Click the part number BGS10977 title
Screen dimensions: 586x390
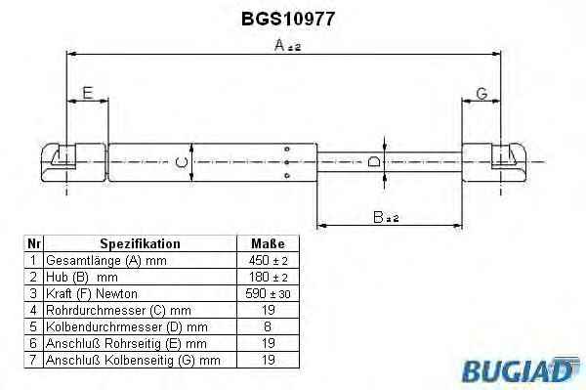pyautogui.click(x=288, y=19)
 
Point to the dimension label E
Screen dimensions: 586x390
pyautogui.click(x=88, y=93)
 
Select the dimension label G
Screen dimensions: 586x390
pyautogui.click(x=482, y=93)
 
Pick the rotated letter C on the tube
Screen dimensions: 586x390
pyautogui.click(x=182, y=162)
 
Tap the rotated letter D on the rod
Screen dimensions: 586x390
pyautogui.click(x=374, y=162)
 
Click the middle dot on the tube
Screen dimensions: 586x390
pyautogui.click(x=287, y=162)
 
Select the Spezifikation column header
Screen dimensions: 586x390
pyautogui.click(x=140, y=243)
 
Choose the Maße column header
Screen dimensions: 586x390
pyautogui.click(x=268, y=243)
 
